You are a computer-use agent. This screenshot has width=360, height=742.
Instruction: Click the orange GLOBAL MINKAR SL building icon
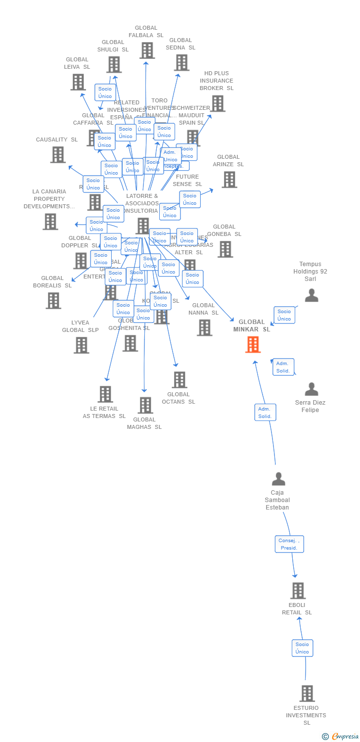[x=253, y=344]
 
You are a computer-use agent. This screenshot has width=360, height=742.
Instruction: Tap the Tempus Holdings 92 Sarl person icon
[x=312, y=296]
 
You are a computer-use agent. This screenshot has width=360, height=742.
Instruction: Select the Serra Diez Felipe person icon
[x=312, y=389]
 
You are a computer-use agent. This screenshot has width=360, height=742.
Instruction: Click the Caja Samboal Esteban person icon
[x=279, y=479]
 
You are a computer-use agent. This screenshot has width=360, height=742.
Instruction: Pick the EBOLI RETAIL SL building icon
[x=298, y=591]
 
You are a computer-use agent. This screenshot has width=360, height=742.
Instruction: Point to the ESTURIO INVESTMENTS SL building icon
[x=307, y=694]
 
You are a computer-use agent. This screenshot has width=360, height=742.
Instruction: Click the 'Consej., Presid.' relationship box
[x=289, y=544]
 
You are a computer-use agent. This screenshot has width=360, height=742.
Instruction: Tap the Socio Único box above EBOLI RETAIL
[x=302, y=648]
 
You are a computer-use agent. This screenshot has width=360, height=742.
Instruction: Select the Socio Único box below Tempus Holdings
[x=284, y=315]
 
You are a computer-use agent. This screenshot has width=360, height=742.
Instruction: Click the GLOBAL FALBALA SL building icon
[x=147, y=50]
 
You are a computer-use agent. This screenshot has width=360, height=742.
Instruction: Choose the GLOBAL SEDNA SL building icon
[x=181, y=63]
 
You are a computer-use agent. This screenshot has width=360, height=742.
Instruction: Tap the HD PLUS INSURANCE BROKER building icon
[x=218, y=103]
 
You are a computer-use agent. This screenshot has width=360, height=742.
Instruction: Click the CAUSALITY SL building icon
[x=58, y=155]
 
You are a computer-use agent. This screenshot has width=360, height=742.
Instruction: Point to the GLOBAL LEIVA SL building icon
[x=78, y=82]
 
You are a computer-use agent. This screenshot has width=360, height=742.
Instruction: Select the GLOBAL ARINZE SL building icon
[x=229, y=180]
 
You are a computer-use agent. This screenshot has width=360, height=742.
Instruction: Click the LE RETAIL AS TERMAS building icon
[x=105, y=394]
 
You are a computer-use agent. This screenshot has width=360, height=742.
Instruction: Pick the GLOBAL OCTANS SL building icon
[x=179, y=380]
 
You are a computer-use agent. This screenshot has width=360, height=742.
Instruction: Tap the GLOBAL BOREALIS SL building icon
[x=53, y=300]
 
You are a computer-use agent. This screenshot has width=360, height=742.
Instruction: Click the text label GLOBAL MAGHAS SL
[x=144, y=423]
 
